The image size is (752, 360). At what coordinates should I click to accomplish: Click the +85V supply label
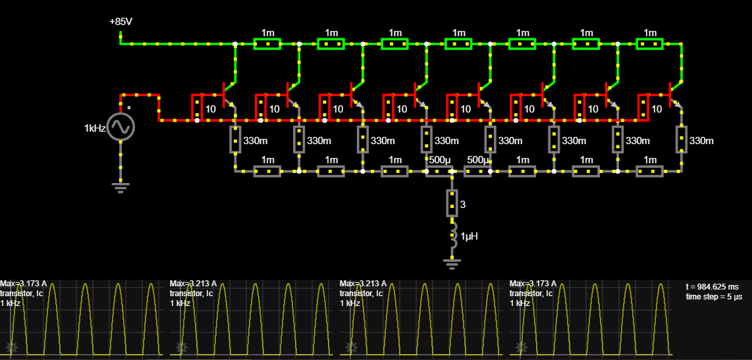(x=121, y=22)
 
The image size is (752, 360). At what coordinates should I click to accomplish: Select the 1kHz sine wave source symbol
(x=121, y=127)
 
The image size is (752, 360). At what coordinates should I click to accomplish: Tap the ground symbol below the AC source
(x=121, y=186)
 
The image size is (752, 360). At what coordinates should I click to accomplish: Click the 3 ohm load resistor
(x=452, y=203)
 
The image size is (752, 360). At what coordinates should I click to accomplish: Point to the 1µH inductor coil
(x=453, y=236)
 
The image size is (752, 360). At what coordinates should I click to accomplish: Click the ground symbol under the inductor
(x=452, y=263)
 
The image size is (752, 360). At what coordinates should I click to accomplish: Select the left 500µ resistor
(x=439, y=171)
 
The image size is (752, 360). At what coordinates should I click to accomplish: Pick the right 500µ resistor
(x=477, y=171)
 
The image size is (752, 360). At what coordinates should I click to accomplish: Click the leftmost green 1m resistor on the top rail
(x=267, y=43)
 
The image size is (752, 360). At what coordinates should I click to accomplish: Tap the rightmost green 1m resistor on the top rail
(x=649, y=43)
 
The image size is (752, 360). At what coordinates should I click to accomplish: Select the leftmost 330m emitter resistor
(x=236, y=140)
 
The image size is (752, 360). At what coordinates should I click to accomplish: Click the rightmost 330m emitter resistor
(x=682, y=140)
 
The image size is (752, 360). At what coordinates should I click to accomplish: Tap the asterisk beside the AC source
(x=128, y=109)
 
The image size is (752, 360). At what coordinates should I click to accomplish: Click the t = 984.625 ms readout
(x=711, y=287)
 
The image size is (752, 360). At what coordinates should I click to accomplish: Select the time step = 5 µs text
(x=714, y=297)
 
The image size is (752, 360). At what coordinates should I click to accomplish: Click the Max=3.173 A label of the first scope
(x=24, y=283)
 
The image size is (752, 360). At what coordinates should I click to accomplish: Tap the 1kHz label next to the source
(x=95, y=128)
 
